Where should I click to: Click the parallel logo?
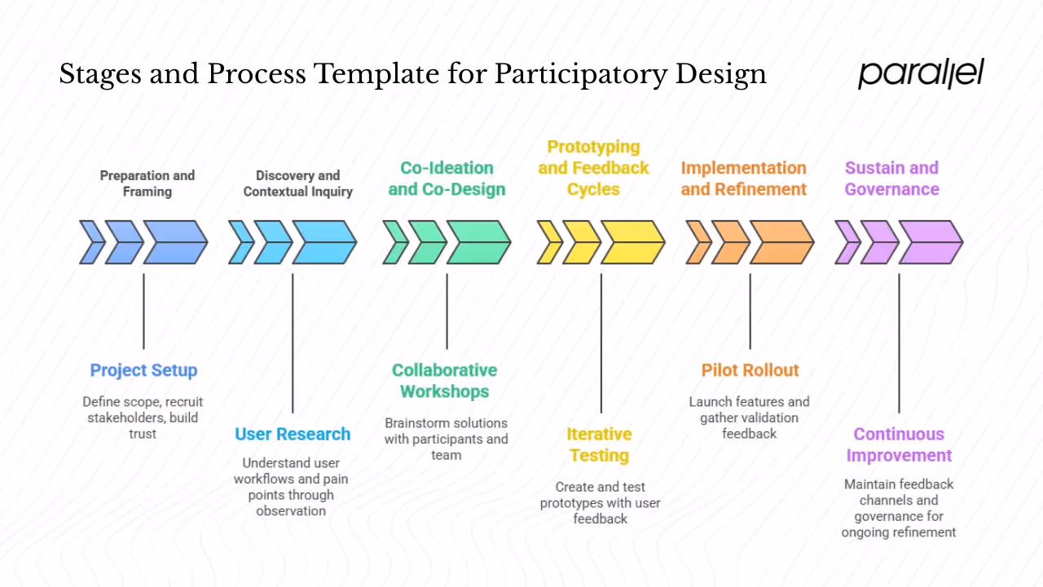tap(921, 73)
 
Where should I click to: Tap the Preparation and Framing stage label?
tap(147, 183)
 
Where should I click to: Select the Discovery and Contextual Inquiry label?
tap(297, 183)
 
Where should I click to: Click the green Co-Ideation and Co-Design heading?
tap(447, 179)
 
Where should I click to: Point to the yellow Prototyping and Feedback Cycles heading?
tap(593, 168)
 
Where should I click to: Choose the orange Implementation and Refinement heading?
tap(743, 179)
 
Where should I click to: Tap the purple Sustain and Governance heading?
tap(891, 179)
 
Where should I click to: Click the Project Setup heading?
tap(143, 370)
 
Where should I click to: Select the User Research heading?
tap(293, 434)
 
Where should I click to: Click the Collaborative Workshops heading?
tap(444, 381)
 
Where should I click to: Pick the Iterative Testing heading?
tap(599, 444)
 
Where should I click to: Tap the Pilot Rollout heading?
tap(750, 370)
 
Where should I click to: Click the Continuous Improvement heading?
tap(899, 444)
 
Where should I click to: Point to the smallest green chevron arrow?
tap(396, 242)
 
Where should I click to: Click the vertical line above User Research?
tap(293, 342)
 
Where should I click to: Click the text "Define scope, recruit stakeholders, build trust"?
tap(143, 417)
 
